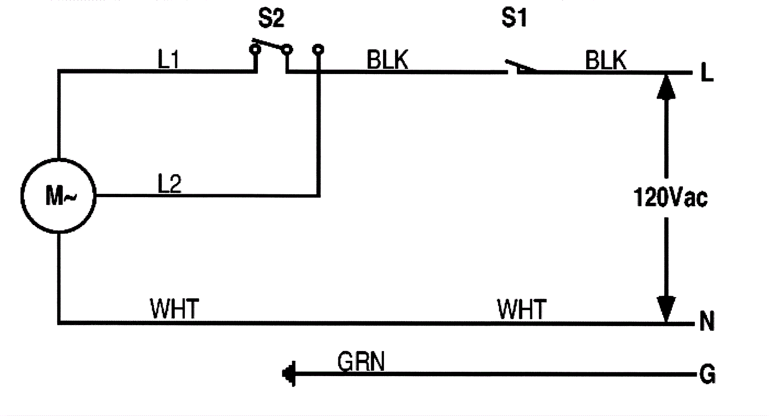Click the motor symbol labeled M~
click(58, 196)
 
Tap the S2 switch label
click(271, 18)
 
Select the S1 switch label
click(514, 18)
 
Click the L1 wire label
click(169, 60)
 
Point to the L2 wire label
click(169, 184)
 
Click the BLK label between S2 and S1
click(387, 61)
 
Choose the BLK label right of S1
click(606, 61)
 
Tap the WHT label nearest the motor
click(174, 309)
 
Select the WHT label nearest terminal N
click(522, 309)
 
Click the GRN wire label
click(361, 362)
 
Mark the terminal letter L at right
click(706, 73)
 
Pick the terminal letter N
click(706, 321)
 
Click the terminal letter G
click(707, 374)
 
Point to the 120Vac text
click(670, 197)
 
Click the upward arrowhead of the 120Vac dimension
click(666, 87)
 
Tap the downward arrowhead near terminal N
click(666, 309)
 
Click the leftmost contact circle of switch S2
click(255, 49)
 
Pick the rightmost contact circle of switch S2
click(318, 49)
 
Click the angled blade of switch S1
click(520, 66)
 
